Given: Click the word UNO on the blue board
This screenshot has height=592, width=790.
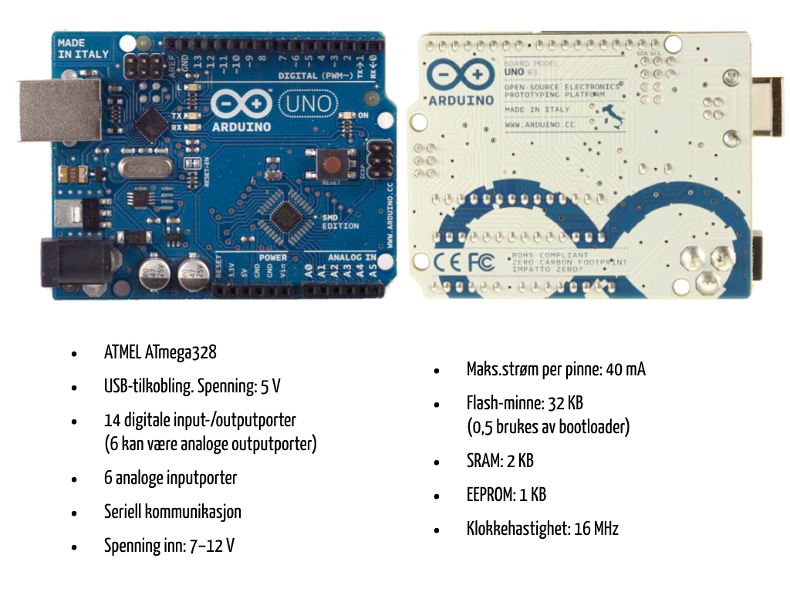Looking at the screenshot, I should pos(309,103).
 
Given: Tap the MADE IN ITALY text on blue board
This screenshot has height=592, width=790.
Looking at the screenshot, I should pos(83,49).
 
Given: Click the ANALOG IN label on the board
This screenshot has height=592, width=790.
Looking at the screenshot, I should pos(352,257).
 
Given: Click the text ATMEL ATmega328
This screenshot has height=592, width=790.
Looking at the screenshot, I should pos(160,353).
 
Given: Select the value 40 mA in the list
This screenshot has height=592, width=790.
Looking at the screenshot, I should pos(626,369).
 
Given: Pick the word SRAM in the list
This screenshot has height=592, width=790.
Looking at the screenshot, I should pos(483,461).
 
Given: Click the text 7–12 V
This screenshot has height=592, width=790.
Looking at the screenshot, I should pos(212,547).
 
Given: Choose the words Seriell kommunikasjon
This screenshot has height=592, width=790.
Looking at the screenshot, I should pos(172,512).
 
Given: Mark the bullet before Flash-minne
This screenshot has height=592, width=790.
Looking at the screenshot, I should pos(437,404).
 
